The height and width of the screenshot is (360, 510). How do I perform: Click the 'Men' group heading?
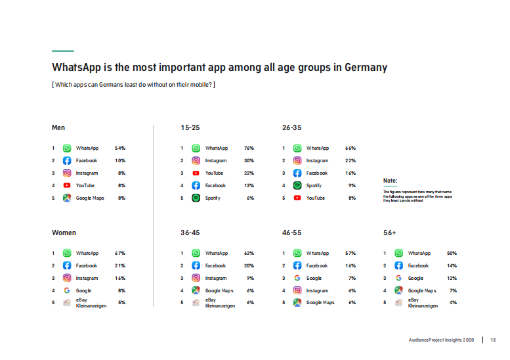click(x=58, y=127)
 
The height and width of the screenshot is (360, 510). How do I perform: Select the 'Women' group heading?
click(x=64, y=233)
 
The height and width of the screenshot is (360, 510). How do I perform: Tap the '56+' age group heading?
click(x=391, y=233)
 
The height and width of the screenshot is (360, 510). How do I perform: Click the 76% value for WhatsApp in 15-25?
click(x=249, y=148)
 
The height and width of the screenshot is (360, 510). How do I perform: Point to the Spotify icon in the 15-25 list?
click(x=196, y=198)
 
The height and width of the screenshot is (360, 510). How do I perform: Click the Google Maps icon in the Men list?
click(x=67, y=198)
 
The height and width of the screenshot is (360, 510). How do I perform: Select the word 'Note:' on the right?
click(x=391, y=180)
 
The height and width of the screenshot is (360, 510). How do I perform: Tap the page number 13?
click(x=493, y=340)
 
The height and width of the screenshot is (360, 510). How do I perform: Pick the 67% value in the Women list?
click(x=119, y=253)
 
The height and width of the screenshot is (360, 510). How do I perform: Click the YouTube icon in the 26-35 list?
click(x=297, y=198)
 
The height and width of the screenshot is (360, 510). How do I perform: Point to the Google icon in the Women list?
click(x=67, y=290)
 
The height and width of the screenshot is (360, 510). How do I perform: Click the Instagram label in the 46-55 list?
click(x=317, y=290)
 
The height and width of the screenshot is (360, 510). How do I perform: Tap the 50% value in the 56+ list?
click(x=452, y=253)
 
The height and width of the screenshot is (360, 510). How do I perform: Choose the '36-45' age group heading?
click(x=190, y=233)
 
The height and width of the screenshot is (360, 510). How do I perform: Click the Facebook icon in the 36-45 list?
click(x=196, y=265)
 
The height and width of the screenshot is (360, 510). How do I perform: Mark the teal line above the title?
click(x=62, y=51)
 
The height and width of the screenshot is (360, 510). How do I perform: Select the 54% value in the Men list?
click(x=119, y=148)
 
